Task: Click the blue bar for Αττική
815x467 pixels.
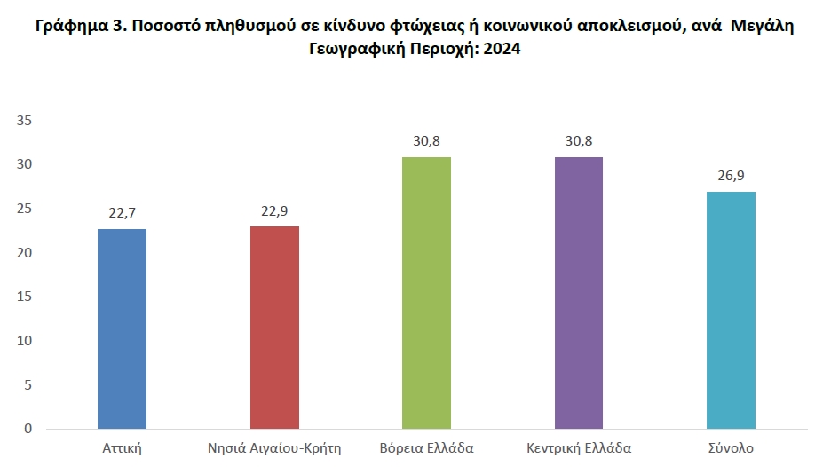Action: click(123, 328)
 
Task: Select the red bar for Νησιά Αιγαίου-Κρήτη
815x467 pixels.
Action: click(274, 328)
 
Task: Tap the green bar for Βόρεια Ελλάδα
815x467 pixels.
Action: click(427, 293)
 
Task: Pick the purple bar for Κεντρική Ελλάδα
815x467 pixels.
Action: click(579, 293)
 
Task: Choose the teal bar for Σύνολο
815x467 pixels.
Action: click(731, 311)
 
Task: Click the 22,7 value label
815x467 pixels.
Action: click(123, 213)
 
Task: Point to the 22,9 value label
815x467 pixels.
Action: click(274, 210)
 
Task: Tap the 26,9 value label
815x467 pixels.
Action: click(731, 176)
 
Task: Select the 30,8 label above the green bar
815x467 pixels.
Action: click(427, 141)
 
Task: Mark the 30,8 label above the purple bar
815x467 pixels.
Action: click(579, 141)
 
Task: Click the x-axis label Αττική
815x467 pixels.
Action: click(123, 448)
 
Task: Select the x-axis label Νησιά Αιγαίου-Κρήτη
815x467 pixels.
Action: click(274, 448)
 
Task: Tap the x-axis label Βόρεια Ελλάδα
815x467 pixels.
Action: click(427, 447)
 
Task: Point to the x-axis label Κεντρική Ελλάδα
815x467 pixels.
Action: click(579, 448)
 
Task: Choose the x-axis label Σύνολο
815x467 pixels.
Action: click(731, 447)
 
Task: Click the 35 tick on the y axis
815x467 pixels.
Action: click(25, 121)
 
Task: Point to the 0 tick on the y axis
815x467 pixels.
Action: click(28, 429)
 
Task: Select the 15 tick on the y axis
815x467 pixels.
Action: click(25, 297)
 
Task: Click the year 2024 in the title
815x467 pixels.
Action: click(502, 49)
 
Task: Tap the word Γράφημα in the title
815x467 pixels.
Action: click(72, 26)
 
